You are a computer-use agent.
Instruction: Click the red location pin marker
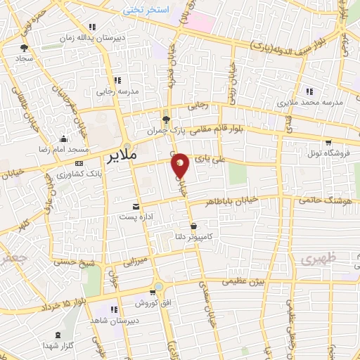[180, 165]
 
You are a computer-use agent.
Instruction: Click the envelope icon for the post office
[136, 207]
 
